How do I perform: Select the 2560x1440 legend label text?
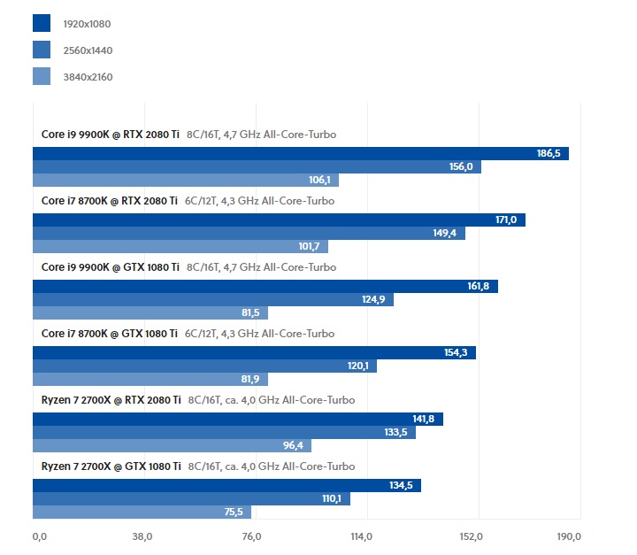88,50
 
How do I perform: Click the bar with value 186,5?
301,153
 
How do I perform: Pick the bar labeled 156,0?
257,166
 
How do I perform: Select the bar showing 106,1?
186,180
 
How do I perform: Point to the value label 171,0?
508,220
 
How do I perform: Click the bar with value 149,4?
249,233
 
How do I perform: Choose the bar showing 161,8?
265,286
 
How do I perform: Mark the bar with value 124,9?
212,299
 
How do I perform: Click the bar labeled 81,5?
150,312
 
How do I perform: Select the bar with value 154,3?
254,352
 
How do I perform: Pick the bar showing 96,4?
172,445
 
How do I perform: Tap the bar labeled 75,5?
142,512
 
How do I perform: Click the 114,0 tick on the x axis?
361,536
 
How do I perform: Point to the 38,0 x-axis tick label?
142,536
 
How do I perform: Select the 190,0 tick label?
568,536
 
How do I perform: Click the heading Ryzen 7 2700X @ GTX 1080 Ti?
111,466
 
